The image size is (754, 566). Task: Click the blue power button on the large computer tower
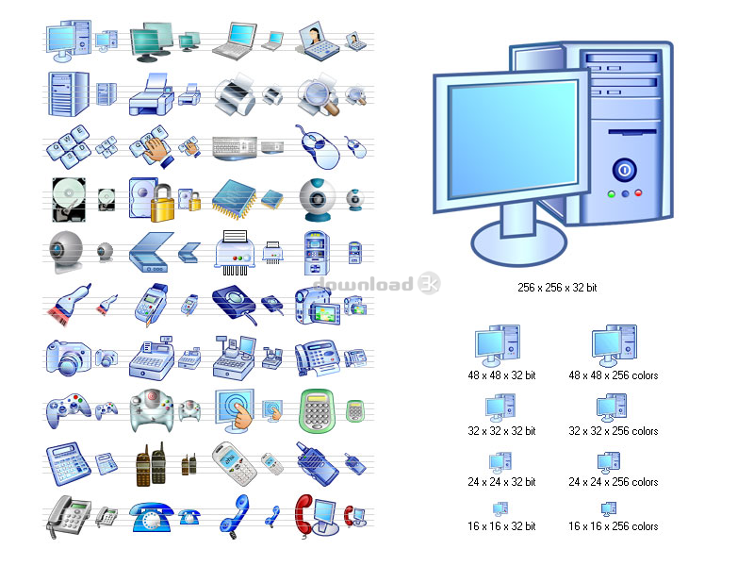coord(625,170)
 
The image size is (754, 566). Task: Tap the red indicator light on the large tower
coord(638,193)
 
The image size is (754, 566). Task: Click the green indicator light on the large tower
coord(611,194)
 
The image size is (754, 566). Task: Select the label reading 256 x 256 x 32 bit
coord(557,288)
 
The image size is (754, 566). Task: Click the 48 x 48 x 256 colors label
coord(614,375)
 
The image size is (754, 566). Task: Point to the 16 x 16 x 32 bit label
coord(501,526)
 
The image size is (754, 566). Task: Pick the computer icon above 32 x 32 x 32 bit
coord(500,408)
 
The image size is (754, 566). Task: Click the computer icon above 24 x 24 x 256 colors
coord(609,462)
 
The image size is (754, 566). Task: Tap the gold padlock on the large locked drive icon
coord(162,204)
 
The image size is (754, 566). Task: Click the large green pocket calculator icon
coord(316,410)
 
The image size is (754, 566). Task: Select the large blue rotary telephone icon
coord(151,517)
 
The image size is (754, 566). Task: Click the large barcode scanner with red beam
coord(68,304)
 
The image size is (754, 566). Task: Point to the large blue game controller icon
coord(68,410)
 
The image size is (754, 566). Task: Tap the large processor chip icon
coord(234,199)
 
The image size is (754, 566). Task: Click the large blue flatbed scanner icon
coord(151,252)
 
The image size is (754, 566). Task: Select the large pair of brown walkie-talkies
coord(152,464)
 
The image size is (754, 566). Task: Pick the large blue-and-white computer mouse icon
coord(318,147)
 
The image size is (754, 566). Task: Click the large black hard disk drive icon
coord(69,200)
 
